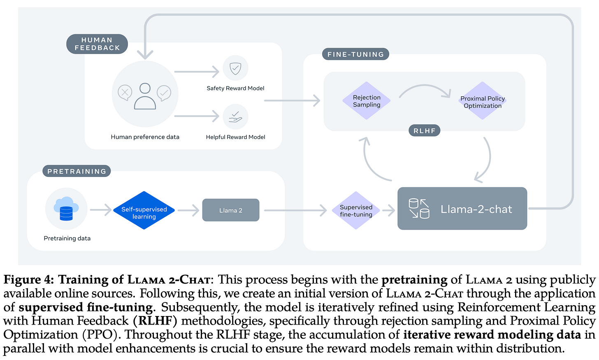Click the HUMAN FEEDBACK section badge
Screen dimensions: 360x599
(97, 44)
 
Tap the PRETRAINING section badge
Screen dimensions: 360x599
(77, 171)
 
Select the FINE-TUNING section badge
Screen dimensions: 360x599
(355, 54)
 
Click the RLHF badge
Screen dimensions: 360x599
(424, 131)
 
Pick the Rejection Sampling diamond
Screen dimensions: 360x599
(367, 101)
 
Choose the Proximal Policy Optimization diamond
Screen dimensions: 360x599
(483, 102)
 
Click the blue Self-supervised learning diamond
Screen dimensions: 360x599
(144, 211)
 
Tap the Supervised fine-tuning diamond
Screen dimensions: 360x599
(356, 211)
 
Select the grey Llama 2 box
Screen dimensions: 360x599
(231, 210)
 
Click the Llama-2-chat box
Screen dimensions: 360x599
(462, 209)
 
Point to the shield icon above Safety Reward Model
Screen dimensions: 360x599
(235, 68)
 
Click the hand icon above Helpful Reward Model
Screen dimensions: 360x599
(235, 117)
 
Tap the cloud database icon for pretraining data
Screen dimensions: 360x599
(66, 209)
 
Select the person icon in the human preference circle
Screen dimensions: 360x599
(145, 96)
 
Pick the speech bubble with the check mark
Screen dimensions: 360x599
(164, 93)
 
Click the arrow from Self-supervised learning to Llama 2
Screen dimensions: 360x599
(188, 210)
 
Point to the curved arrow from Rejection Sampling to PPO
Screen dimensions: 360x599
(425, 88)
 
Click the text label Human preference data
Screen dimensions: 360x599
(145, 137)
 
